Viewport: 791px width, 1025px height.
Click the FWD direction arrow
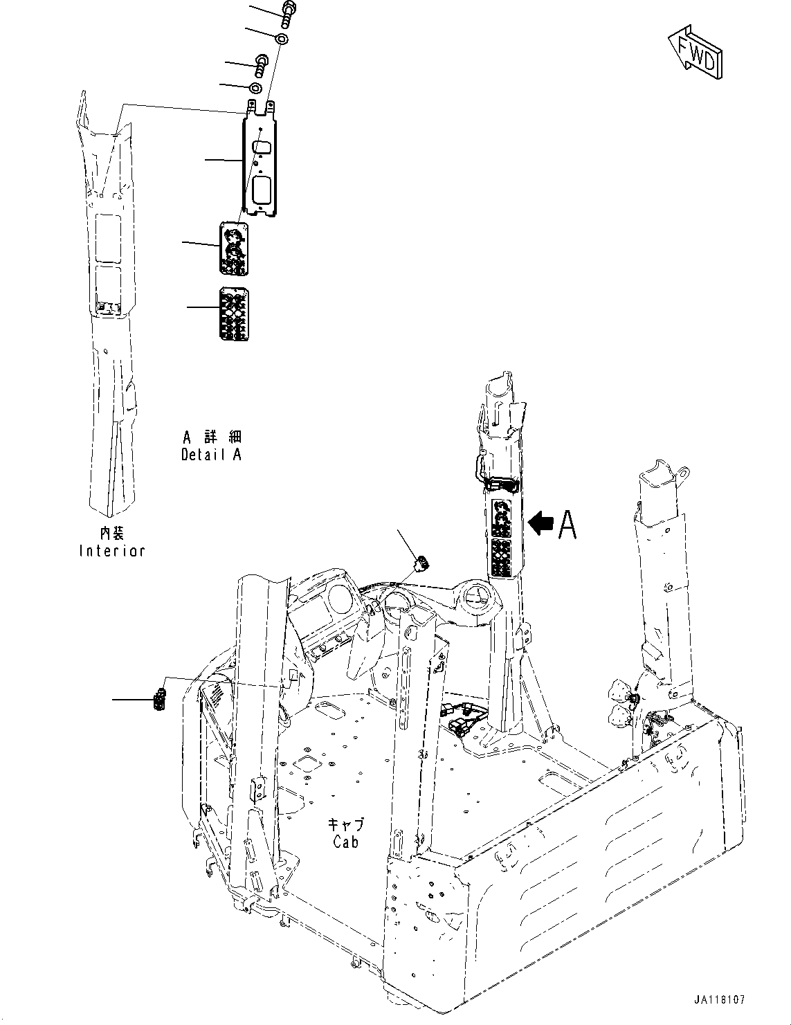click(695, 53)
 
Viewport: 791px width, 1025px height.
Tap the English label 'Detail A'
click(211, 455)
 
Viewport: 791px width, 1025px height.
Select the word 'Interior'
click(112, 551)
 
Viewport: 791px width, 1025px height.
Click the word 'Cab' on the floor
click(345, 842)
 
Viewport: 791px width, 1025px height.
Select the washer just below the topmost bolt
click(282, 38)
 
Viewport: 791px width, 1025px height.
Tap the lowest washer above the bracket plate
click(255, 88)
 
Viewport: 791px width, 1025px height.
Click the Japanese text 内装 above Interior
click(111, 533)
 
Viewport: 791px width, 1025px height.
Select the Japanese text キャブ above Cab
click(345, 824)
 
